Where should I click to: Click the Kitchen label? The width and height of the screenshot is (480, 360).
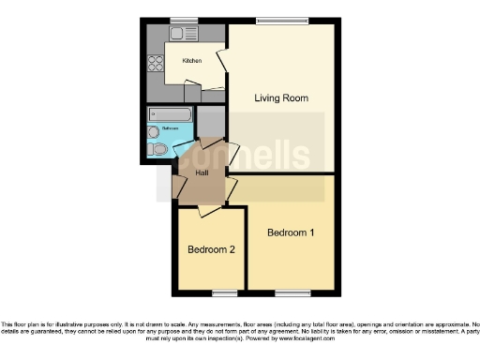(x=191, y=60)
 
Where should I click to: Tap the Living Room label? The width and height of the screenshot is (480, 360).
(x=282, y=97)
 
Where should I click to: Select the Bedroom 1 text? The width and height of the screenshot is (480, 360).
(x=291, y=232)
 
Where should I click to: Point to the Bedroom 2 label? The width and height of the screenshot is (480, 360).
(x=210, y=249)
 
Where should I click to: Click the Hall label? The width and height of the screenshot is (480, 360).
(x=202, y=172)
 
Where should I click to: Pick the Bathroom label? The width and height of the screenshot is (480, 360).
(x=170, y=128)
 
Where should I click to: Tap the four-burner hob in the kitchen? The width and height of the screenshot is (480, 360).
(x=155, y=64)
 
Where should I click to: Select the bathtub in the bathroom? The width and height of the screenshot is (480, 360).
(x=170, y=115)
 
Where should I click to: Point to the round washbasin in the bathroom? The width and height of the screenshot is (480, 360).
(x=154, y=132)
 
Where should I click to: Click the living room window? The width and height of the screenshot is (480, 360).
(x=282, y=21)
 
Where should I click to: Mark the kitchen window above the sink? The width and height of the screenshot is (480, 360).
(x=183, y=21)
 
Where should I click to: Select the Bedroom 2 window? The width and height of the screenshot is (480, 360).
(x=222, y=292)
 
